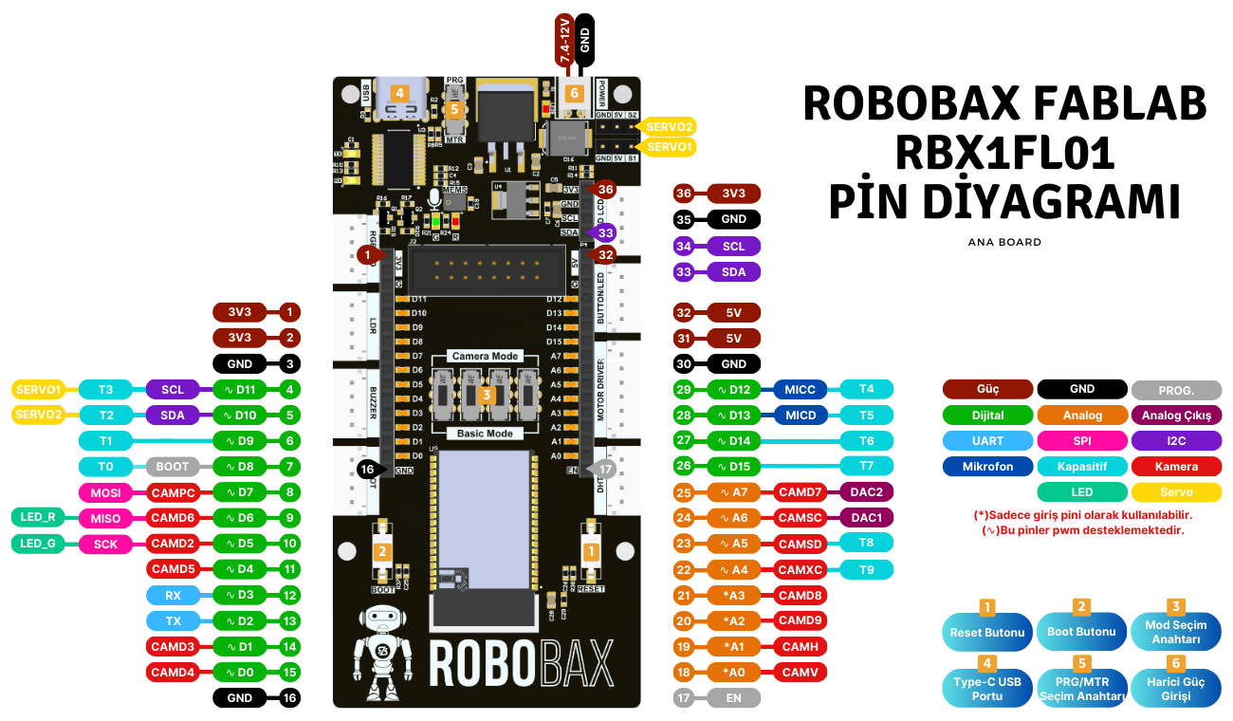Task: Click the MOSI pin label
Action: pos(105,492)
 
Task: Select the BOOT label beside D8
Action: pos(173,467)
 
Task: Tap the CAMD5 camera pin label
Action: pos(173,569)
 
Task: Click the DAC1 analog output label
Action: pos(867,518)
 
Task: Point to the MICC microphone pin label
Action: pos(801,389)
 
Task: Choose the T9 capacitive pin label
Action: pos(867,569)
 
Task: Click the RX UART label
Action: pos(173,595)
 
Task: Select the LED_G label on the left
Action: pos(38,544)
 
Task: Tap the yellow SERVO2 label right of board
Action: pos(670,126)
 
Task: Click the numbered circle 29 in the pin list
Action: pos(683,389)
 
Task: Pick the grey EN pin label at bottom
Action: pos(733,698)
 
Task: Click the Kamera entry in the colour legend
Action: pos(1176,467)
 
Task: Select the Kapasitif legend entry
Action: pos(1082,467)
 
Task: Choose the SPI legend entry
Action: pos(1082,441)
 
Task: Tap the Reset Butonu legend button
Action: pos(987,632)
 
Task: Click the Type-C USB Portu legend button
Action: pos(987,689)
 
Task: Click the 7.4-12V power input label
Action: pos(564,40)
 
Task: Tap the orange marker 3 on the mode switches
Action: pos(486,394)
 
